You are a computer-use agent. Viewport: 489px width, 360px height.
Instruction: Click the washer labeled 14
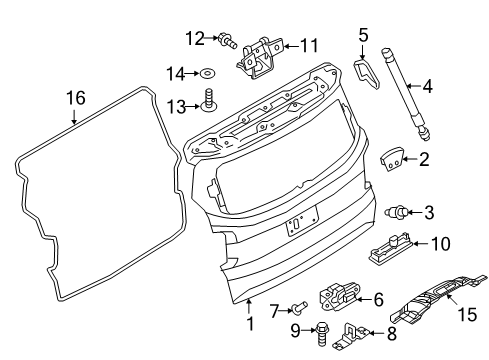207,73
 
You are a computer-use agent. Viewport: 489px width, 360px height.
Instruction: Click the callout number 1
250,323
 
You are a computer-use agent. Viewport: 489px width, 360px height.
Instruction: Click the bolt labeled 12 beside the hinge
228,41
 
